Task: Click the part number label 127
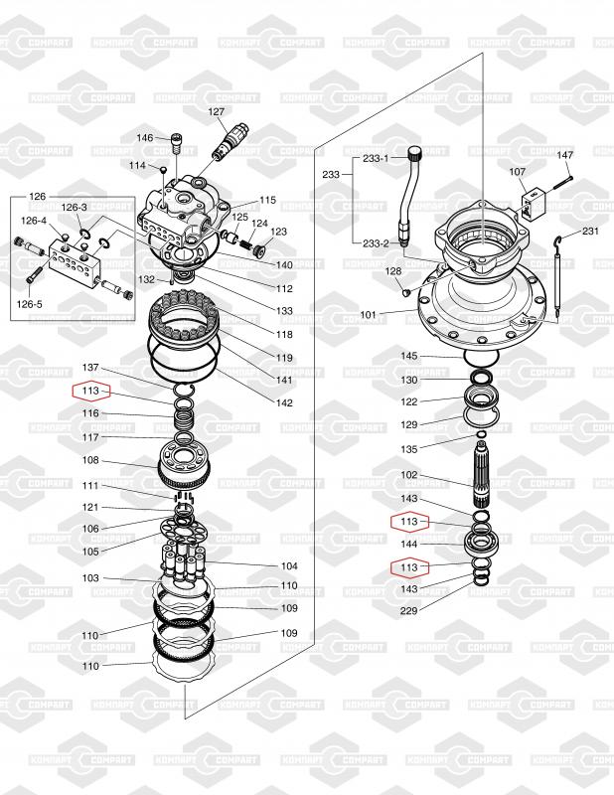(x=217, y=111)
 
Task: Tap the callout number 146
(x=144, y=138)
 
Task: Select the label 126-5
(x=30, y=304)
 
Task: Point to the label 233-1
(x=376, y=158)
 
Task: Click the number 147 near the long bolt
(x=564, y=155)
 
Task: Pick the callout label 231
(x=590, y=232)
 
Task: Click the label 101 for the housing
(x=368, y=315)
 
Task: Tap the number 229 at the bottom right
(x=408, y=611)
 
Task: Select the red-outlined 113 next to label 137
(x=90, y=391)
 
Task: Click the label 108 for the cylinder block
(x=90, y=460)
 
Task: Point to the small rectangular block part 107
(x=534, y=204)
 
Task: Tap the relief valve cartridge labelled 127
(x=231, y=142)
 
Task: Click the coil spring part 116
(x=184, y=420)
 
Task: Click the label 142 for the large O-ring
(x=284, y=403)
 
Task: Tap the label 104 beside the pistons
(x=289, y=566)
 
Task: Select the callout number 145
(x=409, y=356)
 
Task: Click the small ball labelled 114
(x=163, y=169)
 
